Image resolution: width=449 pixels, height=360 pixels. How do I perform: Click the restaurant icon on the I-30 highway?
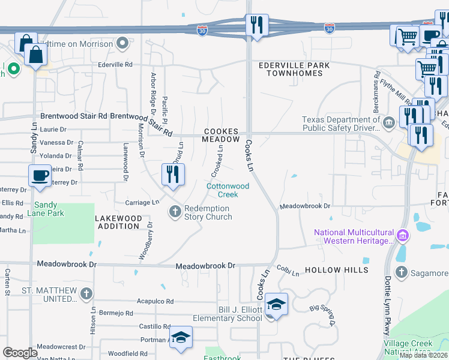pyautogui.click(x=256, y=25)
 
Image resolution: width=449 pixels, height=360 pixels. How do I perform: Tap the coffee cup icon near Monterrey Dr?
pyautogui.click(x=40, y=176)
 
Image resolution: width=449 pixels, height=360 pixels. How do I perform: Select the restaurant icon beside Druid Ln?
pyautogui.click(x=172, y=175)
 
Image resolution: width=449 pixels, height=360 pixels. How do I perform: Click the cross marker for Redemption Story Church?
pyautogui.click(x=175, y=211)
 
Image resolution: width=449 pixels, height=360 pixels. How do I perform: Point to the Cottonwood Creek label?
pyautogui.click(x=228, y=190)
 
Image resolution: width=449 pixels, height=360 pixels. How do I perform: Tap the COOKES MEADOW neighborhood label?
pyautogui.click(x=221, y=135)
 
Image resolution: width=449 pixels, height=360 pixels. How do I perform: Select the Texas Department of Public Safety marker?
pyautogui.click(x=388, y=123)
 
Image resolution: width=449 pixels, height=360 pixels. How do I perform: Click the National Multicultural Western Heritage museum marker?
pyautogui.click(x=403, y=233)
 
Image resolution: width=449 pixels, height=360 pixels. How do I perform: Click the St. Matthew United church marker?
pyautogui.click(x=86, y=293)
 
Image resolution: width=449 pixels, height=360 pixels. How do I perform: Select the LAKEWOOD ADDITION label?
pyautogui.click(x=119, y=222)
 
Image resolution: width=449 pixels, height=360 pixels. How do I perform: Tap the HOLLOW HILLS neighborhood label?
pyautogui.click(x=337, y=270)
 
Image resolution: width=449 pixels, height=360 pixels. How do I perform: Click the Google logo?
pyautogui.click(x=20, y=353)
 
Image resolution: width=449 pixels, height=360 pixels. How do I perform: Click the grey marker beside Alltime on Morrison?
pyautogui.click(x=123, y=43)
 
